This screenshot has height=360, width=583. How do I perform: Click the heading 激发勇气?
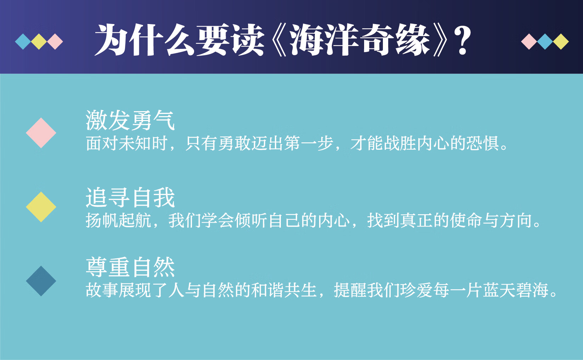pyautogui.click(x=130, y=120)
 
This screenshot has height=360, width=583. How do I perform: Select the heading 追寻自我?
pyautogui.click(x=130, y=198)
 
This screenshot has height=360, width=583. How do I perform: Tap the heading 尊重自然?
pyautogui.click(x=130, y=267)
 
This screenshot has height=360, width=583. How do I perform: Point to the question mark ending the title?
pyautogui.click(x=463, y=41)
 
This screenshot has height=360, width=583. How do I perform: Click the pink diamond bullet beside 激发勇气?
pyautogui.click(x=41, y=133)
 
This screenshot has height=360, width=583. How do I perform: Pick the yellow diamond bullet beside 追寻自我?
pyautogui.click(x=41, y=207)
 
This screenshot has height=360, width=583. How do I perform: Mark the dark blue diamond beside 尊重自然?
pyautogui.click(x=41, y=281)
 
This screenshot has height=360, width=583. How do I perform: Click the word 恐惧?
pyautogui.click(x=482, y=143)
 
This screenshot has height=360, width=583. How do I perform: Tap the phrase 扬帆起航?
pyautogui.click(x=118, y=221)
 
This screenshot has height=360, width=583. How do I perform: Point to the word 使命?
pyautogui.click(x=466, y=221)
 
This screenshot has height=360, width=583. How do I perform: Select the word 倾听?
pyautogui.click(x=251, y=221)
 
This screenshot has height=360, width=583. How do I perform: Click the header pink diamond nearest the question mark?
pyautogui.click(x=529, y=42)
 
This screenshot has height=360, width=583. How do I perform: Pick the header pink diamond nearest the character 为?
pyautogui.click(x=55, y=42)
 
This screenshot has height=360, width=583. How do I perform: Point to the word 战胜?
pyautogui.click(x=400, y=143)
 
